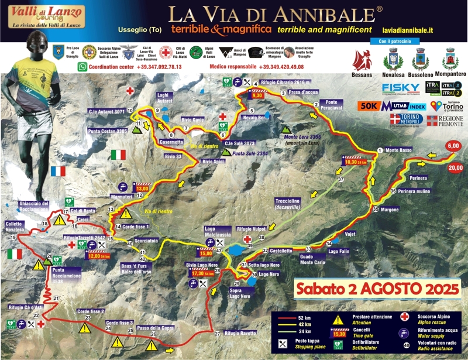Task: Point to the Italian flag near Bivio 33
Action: pyautogui.click(x=118, y=155)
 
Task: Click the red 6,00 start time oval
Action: pyautogui.click(x=452, y=146)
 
